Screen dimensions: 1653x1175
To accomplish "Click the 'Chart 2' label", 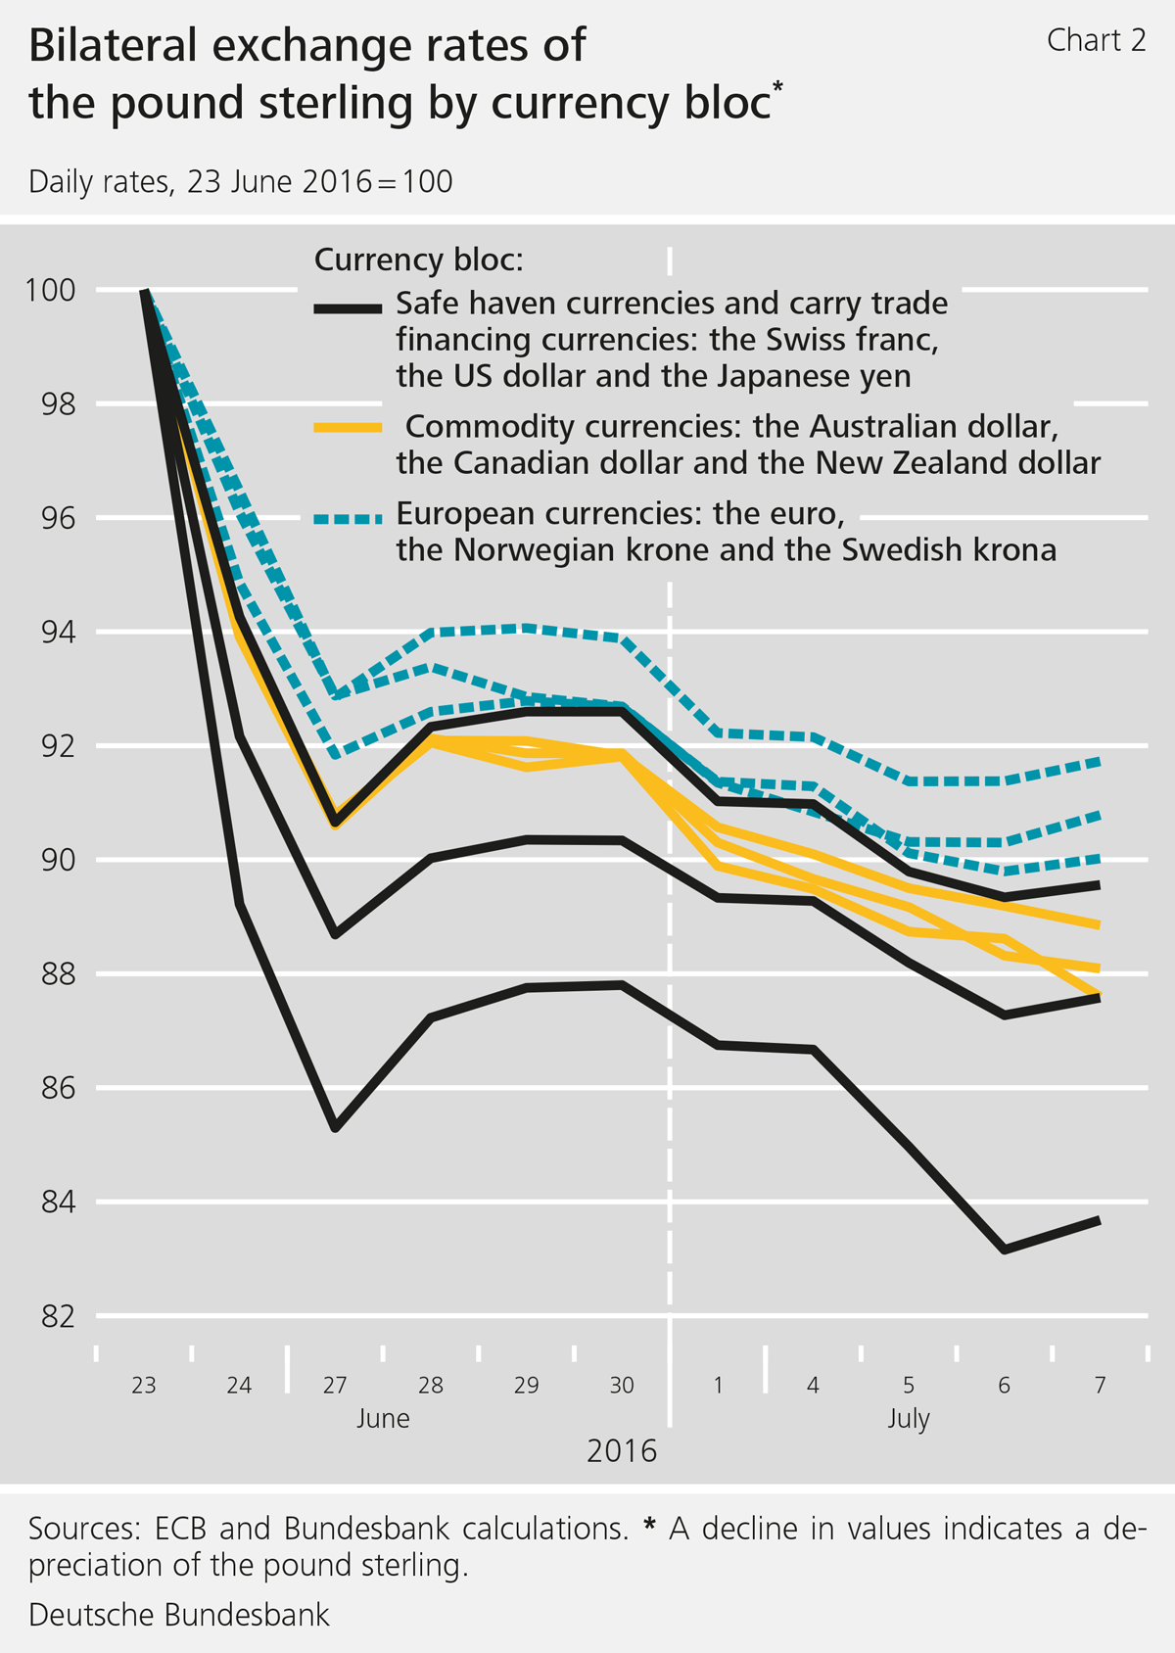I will click(x=1095, y=40).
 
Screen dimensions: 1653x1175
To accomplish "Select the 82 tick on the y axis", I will click(x=58, y=1316).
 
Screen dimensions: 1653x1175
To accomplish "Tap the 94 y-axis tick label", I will click(x=58, y=632).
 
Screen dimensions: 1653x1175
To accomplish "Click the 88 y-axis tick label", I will click(x=58, y=974).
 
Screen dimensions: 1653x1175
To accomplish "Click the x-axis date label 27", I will click(x=335, y=1385).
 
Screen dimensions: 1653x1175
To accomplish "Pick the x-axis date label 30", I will click(x=622, y=1385).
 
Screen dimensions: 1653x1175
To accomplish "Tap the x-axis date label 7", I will click(x=1100, y=1385).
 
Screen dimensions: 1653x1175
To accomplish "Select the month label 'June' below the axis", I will click(x=383, y=1419).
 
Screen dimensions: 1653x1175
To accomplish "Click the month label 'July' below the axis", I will click(x=909, y=1419).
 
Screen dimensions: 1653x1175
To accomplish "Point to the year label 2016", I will click(x=622, y=1450).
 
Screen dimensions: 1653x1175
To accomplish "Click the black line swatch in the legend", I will click(x=348, y=308).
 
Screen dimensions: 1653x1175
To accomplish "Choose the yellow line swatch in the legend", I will click(x=348, y=427).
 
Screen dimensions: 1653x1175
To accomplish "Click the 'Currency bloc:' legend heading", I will click(x=418, y=260).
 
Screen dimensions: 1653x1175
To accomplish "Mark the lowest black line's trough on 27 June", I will click(x=336, y=1128).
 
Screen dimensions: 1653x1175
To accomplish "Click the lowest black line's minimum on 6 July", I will click(x=1005, y=1250).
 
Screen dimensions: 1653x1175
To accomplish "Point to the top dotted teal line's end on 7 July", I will click(x=1099, y=761).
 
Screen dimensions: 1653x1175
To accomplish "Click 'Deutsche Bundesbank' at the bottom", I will click(x=179, y=1615).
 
